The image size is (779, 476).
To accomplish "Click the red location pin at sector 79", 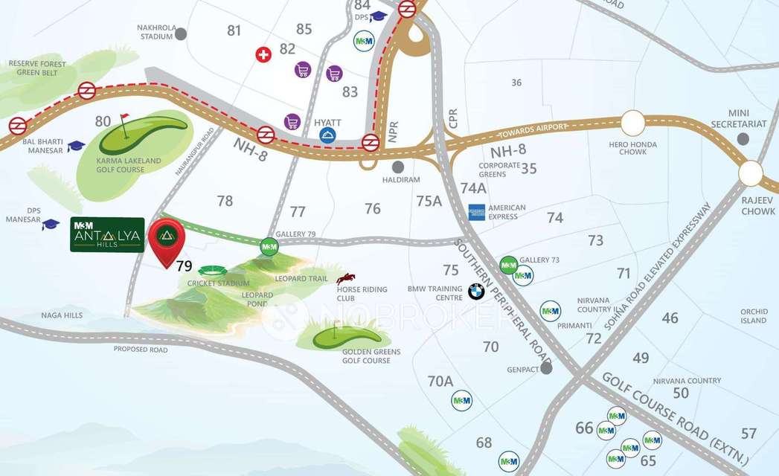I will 167,239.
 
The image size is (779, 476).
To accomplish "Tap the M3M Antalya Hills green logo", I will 107,235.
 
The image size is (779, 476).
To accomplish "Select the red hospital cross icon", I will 263,54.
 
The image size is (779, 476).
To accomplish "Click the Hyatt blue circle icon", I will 327,135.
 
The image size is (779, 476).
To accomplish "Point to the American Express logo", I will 477,212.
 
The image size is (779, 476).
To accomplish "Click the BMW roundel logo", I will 476,292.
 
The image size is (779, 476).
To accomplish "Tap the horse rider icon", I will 345,278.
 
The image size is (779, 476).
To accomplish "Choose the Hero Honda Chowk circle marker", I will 633,122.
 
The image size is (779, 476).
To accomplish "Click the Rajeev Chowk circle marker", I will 751,174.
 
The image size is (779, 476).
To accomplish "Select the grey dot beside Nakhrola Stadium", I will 181,33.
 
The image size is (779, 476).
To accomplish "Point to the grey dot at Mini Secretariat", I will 743,139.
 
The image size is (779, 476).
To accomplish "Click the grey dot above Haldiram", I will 398,167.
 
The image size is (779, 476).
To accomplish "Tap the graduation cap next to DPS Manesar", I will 50,224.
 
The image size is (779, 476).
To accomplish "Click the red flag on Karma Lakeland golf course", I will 124,118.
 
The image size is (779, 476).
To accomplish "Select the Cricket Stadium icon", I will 213,271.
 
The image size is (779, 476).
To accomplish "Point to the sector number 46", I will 670,318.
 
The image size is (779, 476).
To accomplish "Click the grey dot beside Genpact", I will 547,367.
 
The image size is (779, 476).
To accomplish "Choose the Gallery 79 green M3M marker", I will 268,245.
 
